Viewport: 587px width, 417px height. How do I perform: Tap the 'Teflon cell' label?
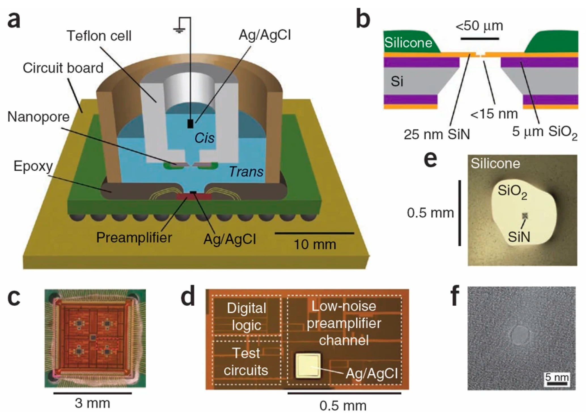point(99,36)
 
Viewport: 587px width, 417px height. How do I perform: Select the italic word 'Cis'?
point(204,138)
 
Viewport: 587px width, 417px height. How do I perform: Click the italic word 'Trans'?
point(246,172)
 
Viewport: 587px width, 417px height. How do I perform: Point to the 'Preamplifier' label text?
point(134,237)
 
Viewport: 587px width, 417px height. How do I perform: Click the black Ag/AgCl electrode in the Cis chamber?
point(190,124)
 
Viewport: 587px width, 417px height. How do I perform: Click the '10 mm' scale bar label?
point(315,244)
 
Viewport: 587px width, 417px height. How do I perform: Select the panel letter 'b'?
point(363,20)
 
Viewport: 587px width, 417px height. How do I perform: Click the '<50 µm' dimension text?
point(479,26)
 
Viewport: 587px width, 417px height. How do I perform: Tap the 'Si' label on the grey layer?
point(397,82)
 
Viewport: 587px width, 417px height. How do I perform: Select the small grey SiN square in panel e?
point(525,216)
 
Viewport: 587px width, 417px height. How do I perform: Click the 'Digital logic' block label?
point(246,317)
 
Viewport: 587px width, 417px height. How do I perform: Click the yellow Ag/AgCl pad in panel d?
point(308,366)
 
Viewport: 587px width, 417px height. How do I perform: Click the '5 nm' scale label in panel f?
point(557,377)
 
